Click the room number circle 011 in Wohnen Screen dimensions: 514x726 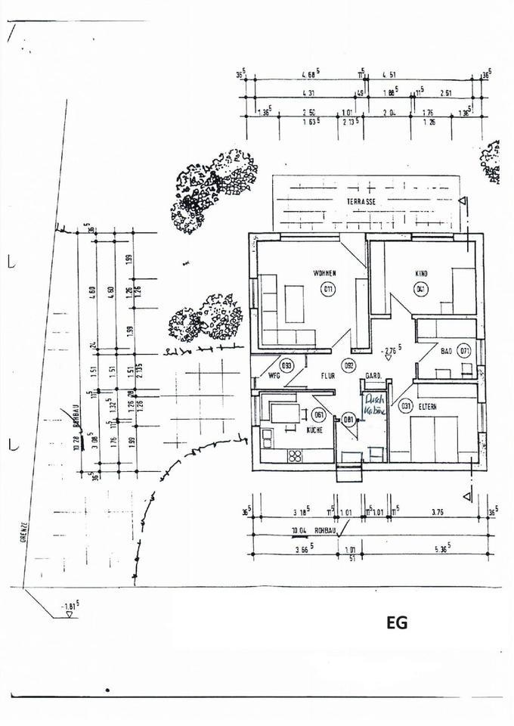pyautogui.click(x=328, y=289)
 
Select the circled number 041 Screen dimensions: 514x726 pyautogui.click(x=420, y=288)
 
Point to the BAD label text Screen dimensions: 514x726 pyautogui.click(x=446, y=351)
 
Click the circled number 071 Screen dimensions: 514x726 pyautogui.click(x=464, y=351)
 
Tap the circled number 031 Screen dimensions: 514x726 pyautogui.click(x=406, y=407)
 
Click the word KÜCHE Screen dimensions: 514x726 pyautogui.click(x=315, y=430)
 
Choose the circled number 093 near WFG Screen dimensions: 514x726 pyautogui.click(x=286, y=365)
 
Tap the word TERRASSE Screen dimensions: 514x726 pyautogui.click(x=361, y=202)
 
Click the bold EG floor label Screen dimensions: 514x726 pyautogui.click(x=397, y=622)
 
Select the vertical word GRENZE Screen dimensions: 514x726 pyautogui.click(x=25, y=533)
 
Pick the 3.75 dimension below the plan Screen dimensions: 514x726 pyautogui.click(x=438, y=511)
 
